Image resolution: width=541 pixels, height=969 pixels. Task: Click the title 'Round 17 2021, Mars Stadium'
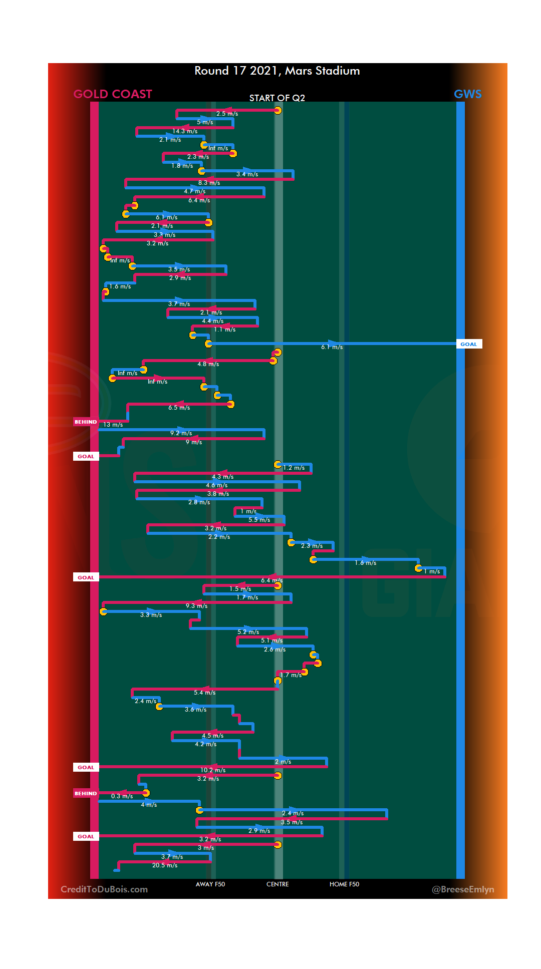tap(277, 71)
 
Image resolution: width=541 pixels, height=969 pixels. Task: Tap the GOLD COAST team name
tap(113, 94)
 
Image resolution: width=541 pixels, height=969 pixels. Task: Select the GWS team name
tap(467, 94)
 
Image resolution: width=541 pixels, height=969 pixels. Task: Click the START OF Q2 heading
tap(277, 98)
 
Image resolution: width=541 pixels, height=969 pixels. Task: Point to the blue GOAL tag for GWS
tap(469, 344)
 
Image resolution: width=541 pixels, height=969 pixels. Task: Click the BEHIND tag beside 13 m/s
tap(86, 422)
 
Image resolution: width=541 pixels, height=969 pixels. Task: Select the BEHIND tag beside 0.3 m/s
tap(86, 793)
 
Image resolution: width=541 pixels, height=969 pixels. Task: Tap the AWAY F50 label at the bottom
tap(210, 884)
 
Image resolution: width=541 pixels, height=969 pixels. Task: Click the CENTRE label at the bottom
tap(278, 884)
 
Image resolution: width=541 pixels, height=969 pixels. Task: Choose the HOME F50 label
tap(344, 884)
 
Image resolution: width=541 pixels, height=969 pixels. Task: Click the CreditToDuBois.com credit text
tap(104, 889)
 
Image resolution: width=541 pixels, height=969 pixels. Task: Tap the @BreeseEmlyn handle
tap(463, 889)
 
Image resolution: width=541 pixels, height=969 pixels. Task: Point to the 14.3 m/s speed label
tap(185, 131)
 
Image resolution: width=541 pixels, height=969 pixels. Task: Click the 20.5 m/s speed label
tap(165, 865)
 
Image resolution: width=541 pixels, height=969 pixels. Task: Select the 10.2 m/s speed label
tap(213, 770)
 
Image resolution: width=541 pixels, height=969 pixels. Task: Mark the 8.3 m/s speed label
tap(209, 183)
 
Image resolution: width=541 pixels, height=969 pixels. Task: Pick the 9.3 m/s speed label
tap(196, 606)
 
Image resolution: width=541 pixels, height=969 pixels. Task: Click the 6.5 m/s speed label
tap(179, 408)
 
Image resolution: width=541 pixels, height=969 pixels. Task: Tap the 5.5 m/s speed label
tap(259, 520)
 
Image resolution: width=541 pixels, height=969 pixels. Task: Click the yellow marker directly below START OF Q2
tap(278, 110)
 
